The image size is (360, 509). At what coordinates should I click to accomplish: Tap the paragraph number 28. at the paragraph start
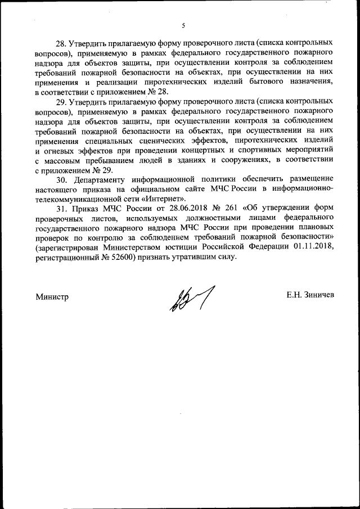point(61,43)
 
